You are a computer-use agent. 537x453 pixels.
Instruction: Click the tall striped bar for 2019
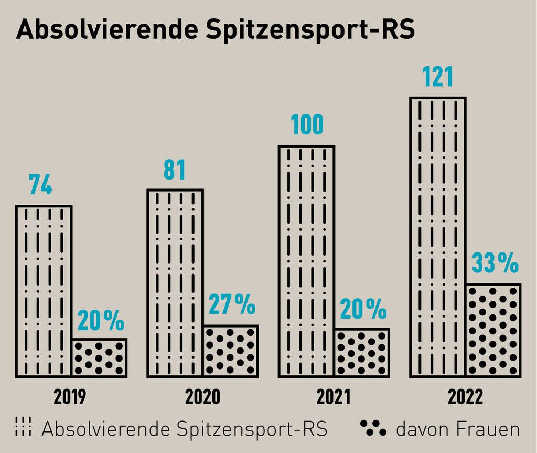click(x=44, y=291)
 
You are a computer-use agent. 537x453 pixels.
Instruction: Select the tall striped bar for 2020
click(x=175, y=283)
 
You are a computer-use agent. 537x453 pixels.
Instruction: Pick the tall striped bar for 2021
click(x=307, y=261)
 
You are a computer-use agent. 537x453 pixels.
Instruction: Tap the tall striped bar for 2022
click(x=438, y=237)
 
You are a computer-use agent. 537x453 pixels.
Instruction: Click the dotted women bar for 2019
click(x=100, y=358)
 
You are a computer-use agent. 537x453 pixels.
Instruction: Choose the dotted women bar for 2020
click(x=231, y=351)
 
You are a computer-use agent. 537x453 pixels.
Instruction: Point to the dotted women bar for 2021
click(x=362, y=353)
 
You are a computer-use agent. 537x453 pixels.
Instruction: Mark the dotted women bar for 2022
click(x=493, y=331)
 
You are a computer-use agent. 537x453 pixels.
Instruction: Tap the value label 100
click(x=307, y=125)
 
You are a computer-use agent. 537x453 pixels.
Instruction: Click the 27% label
click(x=232, y=305)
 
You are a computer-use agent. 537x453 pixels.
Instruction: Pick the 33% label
click(x=495, y=264)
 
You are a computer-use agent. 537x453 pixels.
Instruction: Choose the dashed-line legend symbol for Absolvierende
click(x=24, y=428)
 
